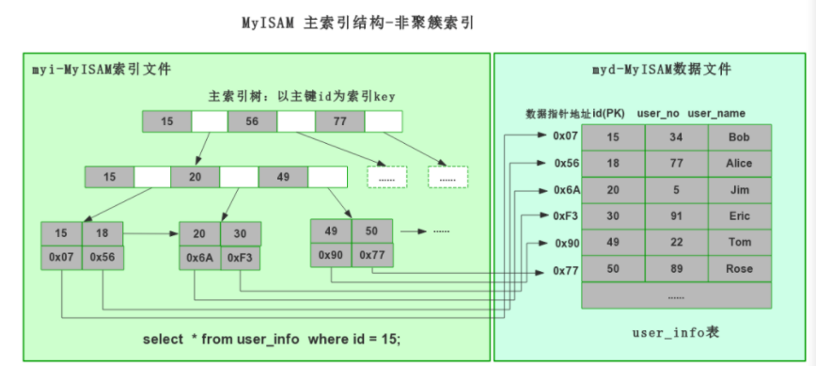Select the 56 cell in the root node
[x=252, y=121]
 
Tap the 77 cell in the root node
[x=339, y=121]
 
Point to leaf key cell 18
[x=102, y=232]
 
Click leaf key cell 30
[x=241, y=233]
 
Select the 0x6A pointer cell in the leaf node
[x=199, y=258]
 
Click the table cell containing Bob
[x=739, y=137]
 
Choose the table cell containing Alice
[x=739, y=164]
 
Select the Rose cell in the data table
[x=739, y=269]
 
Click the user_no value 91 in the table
[x=676, y=216]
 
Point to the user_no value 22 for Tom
[x=676, y=243]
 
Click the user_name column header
[x=716, y=114]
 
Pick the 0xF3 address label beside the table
[x=566, y=216]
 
